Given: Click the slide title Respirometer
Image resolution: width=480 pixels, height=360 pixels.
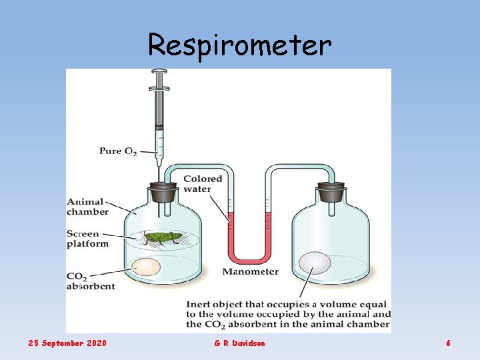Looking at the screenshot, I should [x=239, y=45].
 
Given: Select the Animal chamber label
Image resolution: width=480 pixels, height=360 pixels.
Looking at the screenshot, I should [x=87, y=207].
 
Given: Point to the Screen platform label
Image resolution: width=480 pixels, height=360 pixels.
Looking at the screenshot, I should [x=87, y=239].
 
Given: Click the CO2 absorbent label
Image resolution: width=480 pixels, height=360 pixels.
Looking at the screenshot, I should [x=91, y=281].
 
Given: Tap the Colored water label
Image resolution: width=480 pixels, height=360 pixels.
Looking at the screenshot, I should [x=203, y=183].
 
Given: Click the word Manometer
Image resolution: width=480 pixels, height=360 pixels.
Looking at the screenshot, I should [x=250, y=272].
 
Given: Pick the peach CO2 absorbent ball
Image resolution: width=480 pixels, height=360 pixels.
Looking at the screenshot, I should [x=146, y=267].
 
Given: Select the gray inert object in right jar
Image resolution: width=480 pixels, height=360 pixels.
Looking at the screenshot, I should [x=315, y=263].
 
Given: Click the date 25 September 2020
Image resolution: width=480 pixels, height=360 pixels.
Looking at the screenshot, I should [x=67, y=343].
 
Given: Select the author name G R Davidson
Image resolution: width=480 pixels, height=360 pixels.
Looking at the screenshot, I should [x=239, y=343].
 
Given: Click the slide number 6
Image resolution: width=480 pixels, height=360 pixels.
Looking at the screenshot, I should [x=448, y=343].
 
